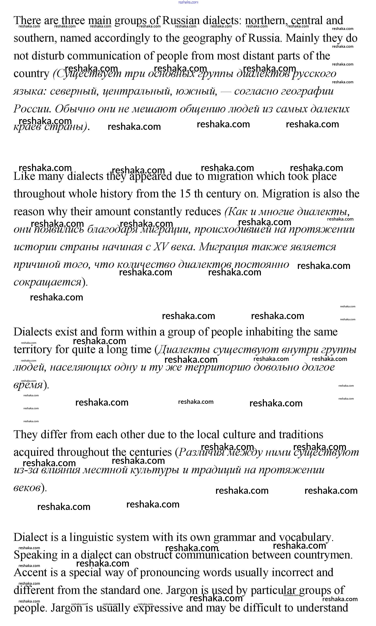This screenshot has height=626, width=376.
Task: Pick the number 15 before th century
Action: click(x=185, y=194)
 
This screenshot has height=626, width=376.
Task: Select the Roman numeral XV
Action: click(x=161, y=247)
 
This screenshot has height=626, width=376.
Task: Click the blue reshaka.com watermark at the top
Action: click(x=188, y=2)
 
